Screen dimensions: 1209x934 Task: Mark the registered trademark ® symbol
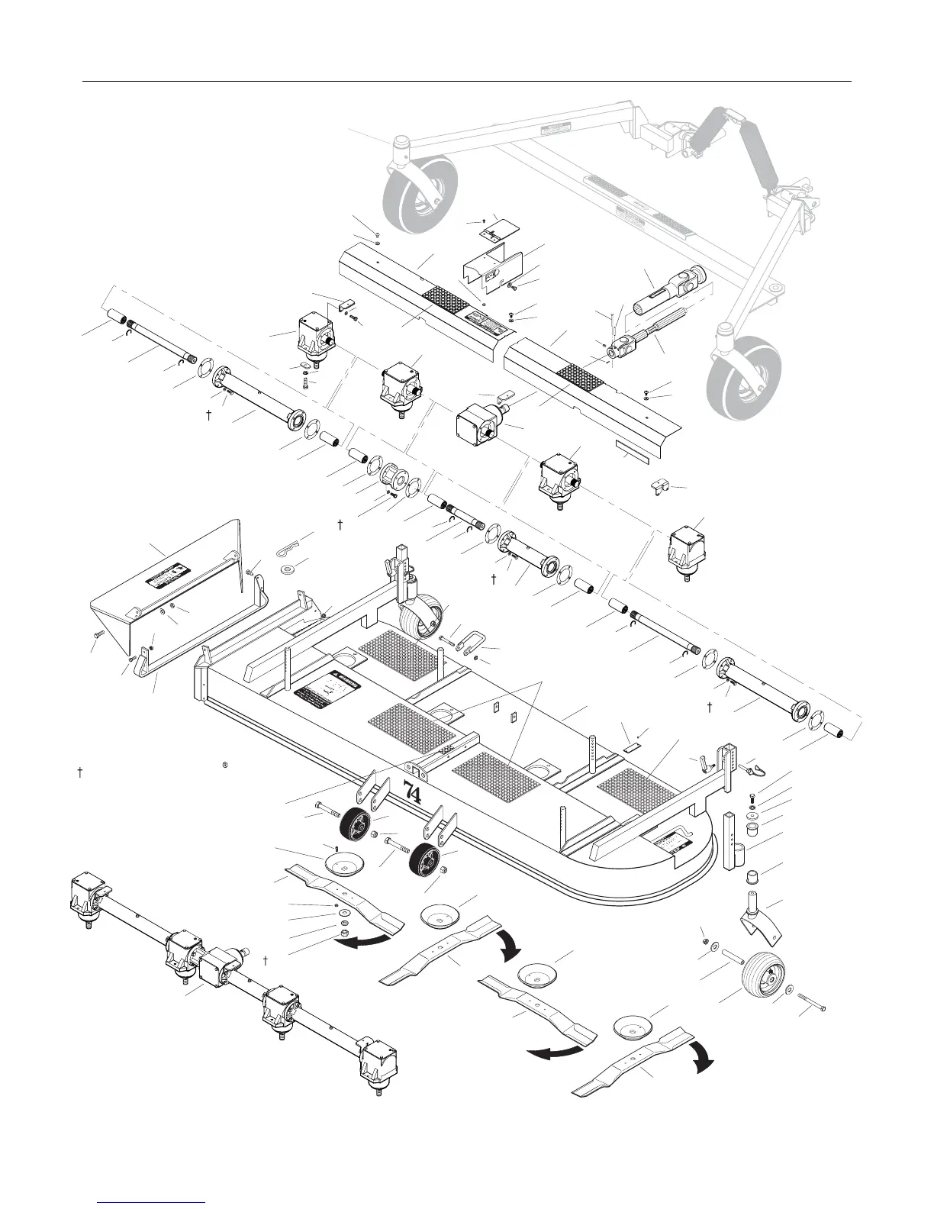tap(226, 763)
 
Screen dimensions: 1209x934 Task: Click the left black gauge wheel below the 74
tap(353, 828)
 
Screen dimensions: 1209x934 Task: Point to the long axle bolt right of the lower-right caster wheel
tap(813, 1003)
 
